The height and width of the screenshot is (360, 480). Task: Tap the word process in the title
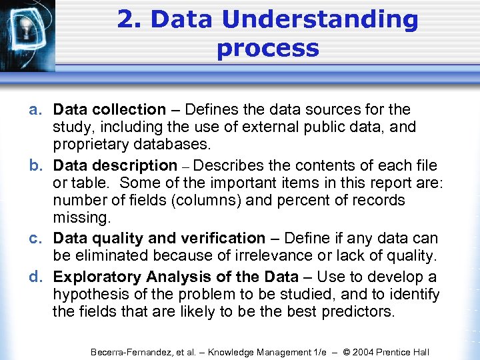pyautogui.click(x=268, y=49)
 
